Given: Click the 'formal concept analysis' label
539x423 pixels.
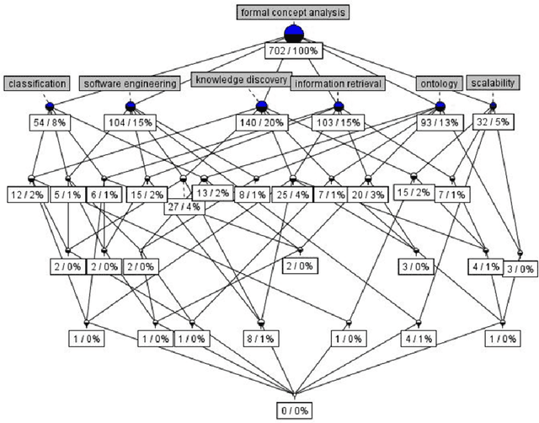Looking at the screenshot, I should [x=293, y=13].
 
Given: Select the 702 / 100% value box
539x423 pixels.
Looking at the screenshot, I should [x=293, y=50].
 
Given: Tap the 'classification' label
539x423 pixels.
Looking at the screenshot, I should [x=36, y=83].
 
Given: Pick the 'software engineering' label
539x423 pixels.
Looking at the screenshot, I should [x=131, y=83].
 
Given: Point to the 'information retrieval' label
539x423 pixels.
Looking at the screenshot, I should [x=336, y=83].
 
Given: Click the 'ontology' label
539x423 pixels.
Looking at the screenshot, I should [x=439, y=83].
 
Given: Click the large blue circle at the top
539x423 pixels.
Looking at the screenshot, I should [x=293, y=33].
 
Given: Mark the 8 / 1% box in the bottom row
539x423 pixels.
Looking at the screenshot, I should [x=260, y=338].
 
